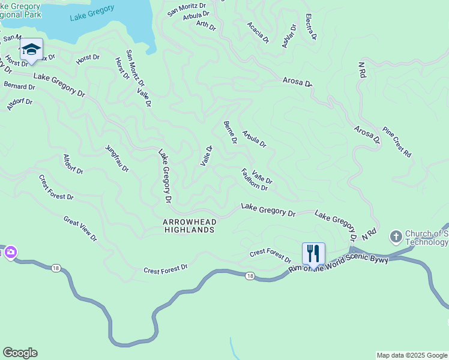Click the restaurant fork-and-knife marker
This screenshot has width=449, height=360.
[313, 253]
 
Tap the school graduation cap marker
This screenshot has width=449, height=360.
[31, 50]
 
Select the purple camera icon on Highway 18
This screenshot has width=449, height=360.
[10, 253]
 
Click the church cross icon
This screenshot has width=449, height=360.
[396, 237]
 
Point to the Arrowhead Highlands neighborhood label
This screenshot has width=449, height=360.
[189, 226]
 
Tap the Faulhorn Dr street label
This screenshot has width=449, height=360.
[255, 179]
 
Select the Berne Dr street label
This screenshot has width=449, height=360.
[231, 133]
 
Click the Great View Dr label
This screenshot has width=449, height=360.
[80, 229]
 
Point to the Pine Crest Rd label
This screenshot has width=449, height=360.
[397, 142]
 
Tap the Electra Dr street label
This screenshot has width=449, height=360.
[310, 27]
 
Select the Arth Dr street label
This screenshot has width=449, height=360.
[206, 25]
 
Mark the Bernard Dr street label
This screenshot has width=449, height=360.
[20, 86]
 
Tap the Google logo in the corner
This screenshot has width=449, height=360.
[20, 353]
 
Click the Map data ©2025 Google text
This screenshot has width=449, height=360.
[412, 355]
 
